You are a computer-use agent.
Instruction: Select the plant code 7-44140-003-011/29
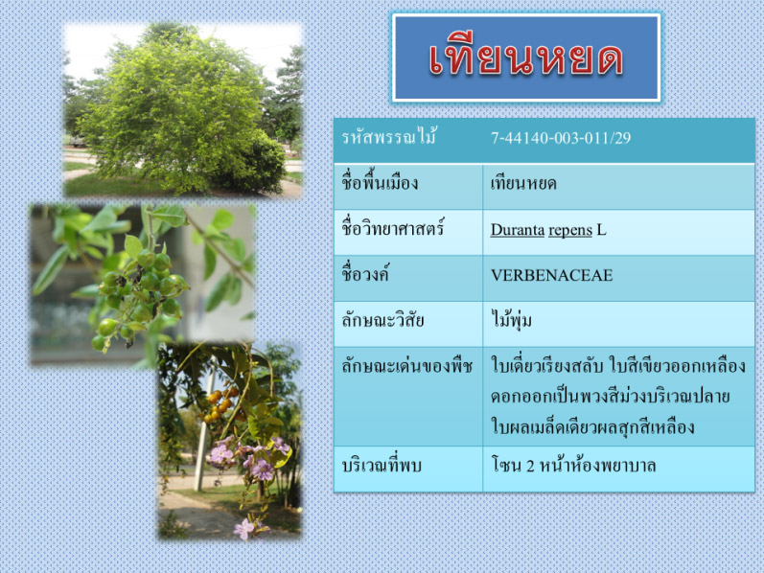561,138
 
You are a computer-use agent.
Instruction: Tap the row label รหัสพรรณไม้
389,137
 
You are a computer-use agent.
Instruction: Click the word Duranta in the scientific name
517,230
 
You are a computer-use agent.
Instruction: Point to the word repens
570,231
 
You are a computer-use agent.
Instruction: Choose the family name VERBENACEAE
551,275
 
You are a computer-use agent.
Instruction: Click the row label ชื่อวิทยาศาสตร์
393,227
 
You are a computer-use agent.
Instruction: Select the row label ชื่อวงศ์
365,274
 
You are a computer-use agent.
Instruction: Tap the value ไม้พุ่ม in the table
511,321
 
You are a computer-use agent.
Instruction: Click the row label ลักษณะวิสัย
382,321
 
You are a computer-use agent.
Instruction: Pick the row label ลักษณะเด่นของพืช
406,366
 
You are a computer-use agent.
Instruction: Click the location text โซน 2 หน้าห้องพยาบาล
573,465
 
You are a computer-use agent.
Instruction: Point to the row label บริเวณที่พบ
382,465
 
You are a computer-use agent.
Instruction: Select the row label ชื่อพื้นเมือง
380,182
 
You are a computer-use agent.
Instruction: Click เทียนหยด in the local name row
523,184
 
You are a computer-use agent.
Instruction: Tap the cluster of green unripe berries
139,297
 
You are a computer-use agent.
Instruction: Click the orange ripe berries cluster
220,405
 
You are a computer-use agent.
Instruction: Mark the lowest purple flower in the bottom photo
243,529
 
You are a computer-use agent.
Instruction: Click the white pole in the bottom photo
203,428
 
